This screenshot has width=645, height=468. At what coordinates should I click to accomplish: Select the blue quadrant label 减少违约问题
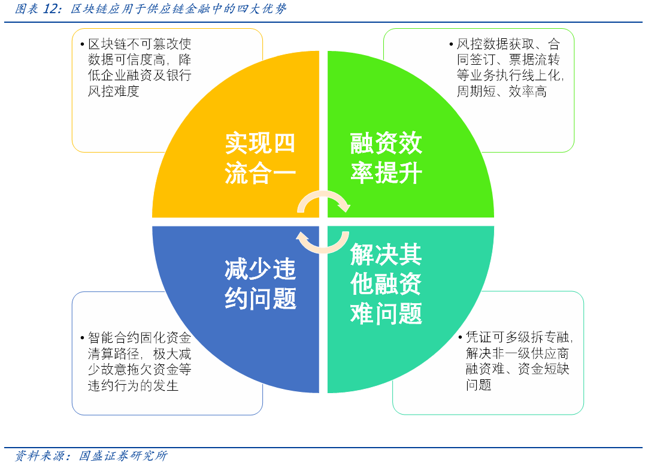[260, 284]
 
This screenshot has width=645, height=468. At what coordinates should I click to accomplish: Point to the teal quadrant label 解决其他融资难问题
[386, 284]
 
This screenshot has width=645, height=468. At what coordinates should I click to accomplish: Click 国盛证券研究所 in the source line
[123, 456]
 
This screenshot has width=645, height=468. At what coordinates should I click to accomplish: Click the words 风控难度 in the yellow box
[114, 92]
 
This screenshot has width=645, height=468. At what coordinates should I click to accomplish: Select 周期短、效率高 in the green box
[502, 92]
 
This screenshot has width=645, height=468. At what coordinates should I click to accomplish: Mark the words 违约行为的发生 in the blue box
[134, 385]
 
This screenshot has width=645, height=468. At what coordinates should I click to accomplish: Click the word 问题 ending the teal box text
[479, 385]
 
